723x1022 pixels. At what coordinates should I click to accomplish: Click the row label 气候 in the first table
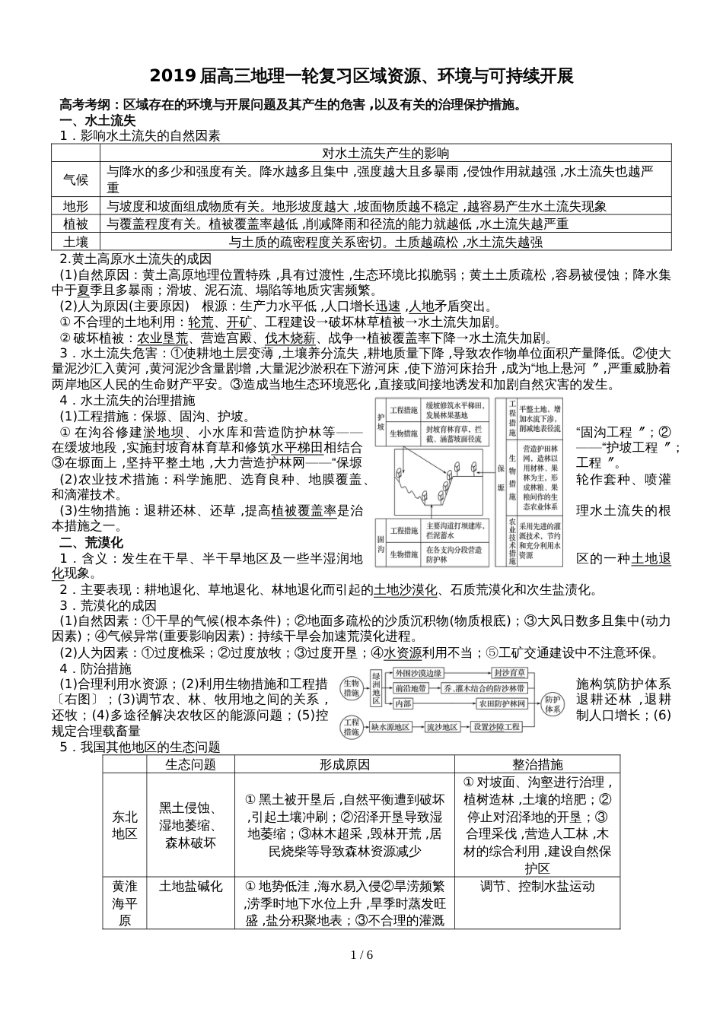click(x=75, y=179)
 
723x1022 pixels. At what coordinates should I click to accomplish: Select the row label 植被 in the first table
click(x=75, y=224)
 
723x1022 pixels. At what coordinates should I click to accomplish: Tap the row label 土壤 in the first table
click(x=75, y=242)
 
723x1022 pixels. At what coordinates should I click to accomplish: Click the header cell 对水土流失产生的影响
click(x=386, y=153)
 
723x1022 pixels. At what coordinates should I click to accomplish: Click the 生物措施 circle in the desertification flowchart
click(x=351, y=687)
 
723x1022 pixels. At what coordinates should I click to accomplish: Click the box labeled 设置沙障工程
click(x=497, y=727)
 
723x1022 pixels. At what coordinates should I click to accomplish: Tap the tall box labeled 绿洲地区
click(x=376, y=688)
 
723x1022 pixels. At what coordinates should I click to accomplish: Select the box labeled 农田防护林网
click(x=502, y=704)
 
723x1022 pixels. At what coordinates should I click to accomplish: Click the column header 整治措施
click(x=537, y=764)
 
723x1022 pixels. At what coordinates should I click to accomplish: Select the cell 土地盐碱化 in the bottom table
click(x=190, y=886)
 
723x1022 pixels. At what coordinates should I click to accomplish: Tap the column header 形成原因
click(x=344, y=764)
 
